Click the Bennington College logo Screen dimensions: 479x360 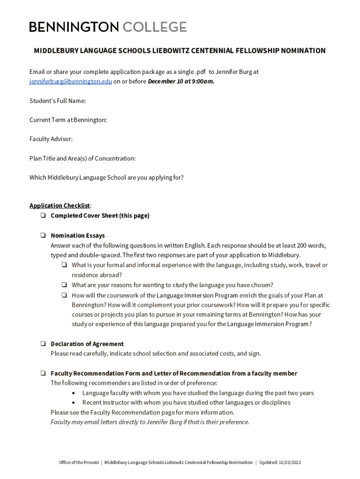108,27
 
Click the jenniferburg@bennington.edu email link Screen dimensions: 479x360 71,81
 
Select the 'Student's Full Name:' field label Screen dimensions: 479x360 58,101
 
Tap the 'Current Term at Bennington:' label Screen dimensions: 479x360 68,120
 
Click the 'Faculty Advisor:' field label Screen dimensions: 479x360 51,139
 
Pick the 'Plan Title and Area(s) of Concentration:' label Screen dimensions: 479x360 82,158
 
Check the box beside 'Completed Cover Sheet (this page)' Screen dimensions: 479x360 43,216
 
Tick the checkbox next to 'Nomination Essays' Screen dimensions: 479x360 43,235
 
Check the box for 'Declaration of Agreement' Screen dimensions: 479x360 43,344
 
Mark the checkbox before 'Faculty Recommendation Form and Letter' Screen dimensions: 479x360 43,373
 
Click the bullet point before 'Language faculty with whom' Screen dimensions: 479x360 73,393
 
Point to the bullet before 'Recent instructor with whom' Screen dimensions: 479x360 73,403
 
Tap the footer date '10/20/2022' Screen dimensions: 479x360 290,463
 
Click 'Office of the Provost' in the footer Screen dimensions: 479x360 79,463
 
